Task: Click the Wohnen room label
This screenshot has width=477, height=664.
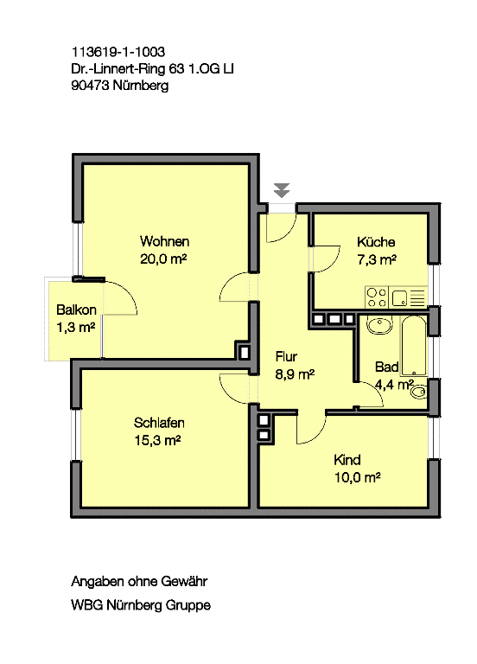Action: point(164,241)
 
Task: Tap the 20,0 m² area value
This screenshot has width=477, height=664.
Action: point(164,258)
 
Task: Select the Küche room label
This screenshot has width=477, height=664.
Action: point(376,242)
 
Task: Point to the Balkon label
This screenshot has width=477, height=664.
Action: point(76,310)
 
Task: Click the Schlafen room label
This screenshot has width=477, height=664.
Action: point(160,423)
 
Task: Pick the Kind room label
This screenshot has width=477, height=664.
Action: point(347,460)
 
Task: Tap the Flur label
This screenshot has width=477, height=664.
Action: point(287,356)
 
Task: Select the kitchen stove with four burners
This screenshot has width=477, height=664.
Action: point(377,297)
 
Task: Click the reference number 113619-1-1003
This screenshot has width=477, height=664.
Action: point(118,53)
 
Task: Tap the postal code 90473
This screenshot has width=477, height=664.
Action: point(91,86)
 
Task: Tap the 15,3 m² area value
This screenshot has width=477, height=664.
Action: point(157,440)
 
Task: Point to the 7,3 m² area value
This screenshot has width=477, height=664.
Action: point(377,259)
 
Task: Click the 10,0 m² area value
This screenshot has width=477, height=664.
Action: point(359,476)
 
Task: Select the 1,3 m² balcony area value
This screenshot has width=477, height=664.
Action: point(75,327)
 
